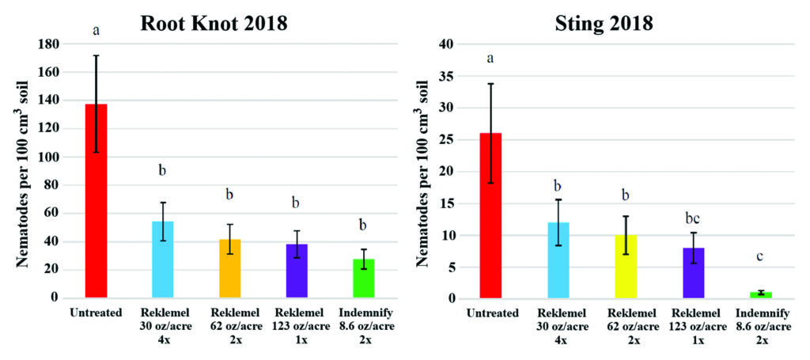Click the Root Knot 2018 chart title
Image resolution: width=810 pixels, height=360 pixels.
[x=214, y=23]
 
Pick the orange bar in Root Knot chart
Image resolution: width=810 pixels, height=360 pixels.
[x=230, y=268]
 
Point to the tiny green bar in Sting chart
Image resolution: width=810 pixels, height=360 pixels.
[x=760, y=295]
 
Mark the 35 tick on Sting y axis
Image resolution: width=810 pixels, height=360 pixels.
[x=450, y=77]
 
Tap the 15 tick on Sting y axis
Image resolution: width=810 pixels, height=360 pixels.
[x=450, y=203]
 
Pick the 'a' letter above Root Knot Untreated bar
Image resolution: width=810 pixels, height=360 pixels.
[x=96, y=31]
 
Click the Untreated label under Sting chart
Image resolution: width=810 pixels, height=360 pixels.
[x=490, y=313]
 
